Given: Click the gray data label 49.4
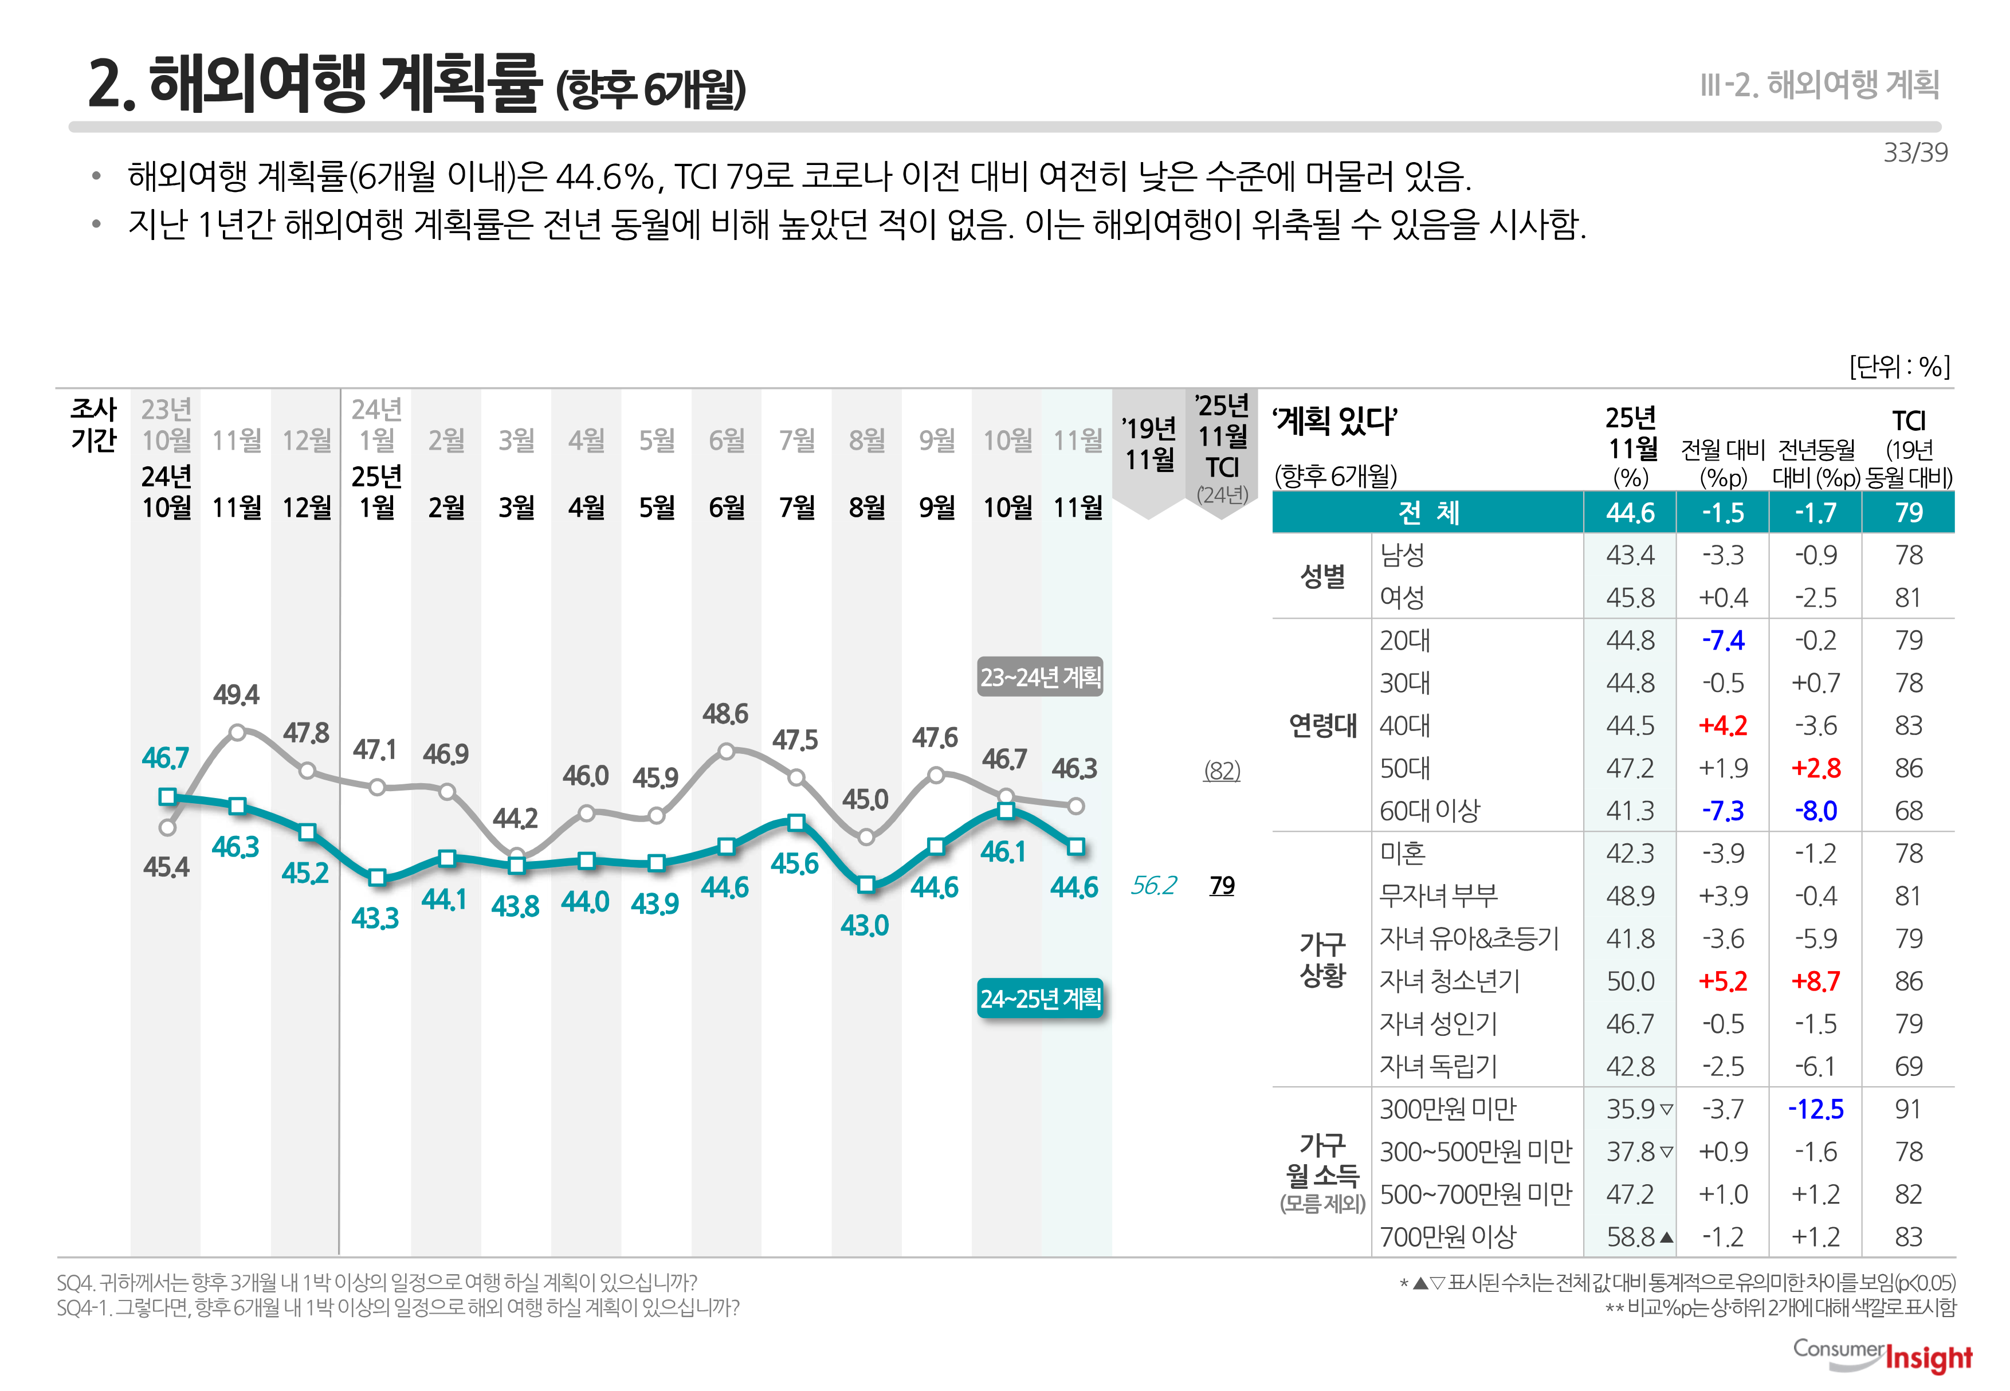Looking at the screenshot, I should coord(235,694).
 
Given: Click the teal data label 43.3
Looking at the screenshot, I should coord(375,918).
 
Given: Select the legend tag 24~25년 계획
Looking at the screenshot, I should coord(1040,998).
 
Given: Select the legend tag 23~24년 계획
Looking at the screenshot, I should coord(1040,677).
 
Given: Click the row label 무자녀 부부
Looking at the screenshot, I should coord(1438,896).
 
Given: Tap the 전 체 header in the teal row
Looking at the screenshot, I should coord(1428,513).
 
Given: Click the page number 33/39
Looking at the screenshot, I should coord(1914,152).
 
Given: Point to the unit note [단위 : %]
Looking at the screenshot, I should coord(1898,366).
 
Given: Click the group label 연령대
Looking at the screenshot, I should coord(1322,725).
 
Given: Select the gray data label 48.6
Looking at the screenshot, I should coord(725,714).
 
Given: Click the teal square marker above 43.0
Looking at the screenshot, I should coord(866,885).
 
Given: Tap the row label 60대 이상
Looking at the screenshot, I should coord(1430,811).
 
